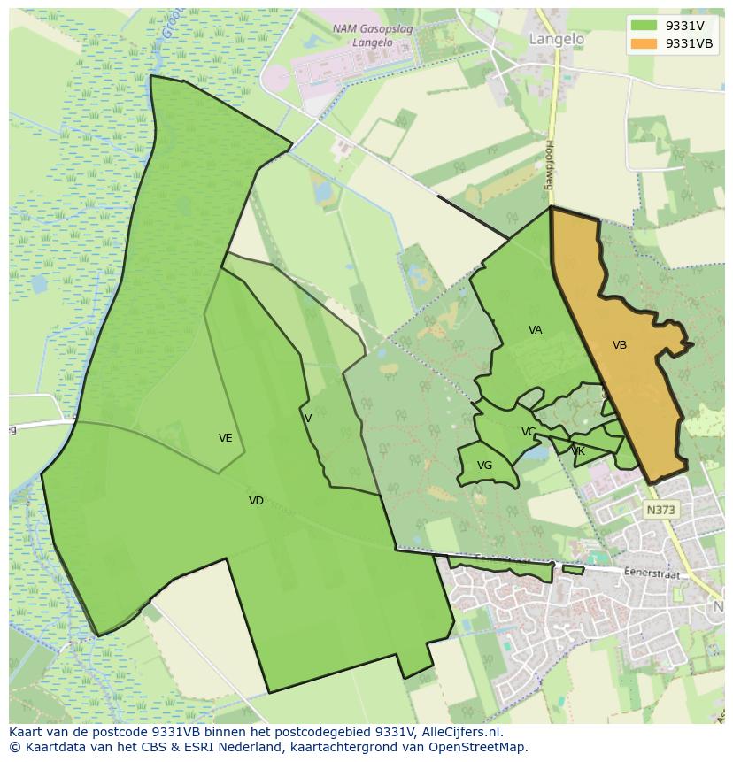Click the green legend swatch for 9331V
(644, 26)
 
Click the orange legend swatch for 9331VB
(644, 43)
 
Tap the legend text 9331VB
(690, 43)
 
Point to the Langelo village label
(556, 39)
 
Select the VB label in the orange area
(620, 345)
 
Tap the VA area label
(535, 330)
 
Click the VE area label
(226, 438)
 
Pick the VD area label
(256, 501)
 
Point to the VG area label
(484, 466)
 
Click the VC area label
(529, 432)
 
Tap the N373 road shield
(660, 510)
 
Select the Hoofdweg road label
(549, 165)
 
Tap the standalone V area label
(308, 419)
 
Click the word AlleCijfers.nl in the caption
(459, 732)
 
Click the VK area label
(578, 451)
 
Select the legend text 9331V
(684, 26)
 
